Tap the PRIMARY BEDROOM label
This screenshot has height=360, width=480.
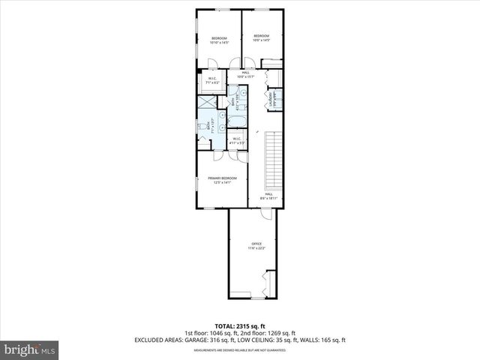pyautogui.click(x=222, y=178)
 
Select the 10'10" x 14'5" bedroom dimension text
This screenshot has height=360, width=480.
pyautogui.click(x=218, y=43)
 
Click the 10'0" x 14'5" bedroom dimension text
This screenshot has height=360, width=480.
pyautogui.click(x=261, y=40)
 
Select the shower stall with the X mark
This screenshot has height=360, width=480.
pyautogui.click(x=206, y=101)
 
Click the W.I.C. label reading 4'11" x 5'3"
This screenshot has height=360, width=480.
pyautogui.click(x=236, y=142)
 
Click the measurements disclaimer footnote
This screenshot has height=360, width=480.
pyautogui.click(x=239, y=349)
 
